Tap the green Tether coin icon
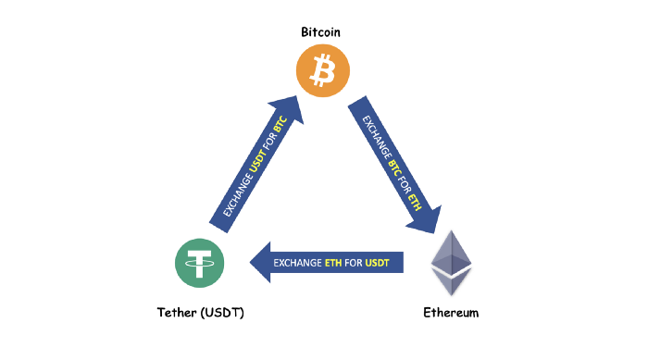coord(201,262)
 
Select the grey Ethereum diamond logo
coord(452,263)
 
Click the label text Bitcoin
coord(321,32)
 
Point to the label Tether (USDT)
coord(200,312)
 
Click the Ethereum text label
coord(451,312)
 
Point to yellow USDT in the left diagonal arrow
coord(256,163)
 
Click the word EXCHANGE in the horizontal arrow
coord(296,264)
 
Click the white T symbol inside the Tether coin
coord(201,262)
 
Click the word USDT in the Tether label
coord(223,312)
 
